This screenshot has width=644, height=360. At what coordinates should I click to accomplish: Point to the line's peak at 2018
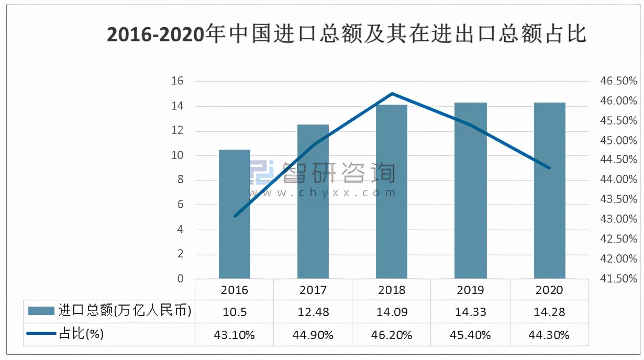pos(392,94)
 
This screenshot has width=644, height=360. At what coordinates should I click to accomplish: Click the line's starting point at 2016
pos(235,216)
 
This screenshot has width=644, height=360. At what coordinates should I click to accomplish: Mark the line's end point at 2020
pos(549,168)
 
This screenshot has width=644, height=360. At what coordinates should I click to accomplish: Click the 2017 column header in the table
pos(313,290)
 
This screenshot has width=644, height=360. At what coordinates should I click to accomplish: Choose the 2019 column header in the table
pos(471,290)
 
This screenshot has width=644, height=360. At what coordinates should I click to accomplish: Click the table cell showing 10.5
pos(235,312)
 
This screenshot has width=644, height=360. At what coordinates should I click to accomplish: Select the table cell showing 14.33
pos(471,312)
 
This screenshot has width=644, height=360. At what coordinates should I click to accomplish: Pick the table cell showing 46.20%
pos(392,335)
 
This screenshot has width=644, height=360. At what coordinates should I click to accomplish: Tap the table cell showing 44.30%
pos(549,335)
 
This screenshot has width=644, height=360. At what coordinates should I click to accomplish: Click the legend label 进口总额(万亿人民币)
pos(125,311)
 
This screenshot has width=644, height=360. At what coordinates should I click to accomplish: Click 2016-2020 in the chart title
pos(155,35)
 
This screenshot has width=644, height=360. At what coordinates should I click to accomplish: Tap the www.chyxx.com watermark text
pos(323,193)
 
